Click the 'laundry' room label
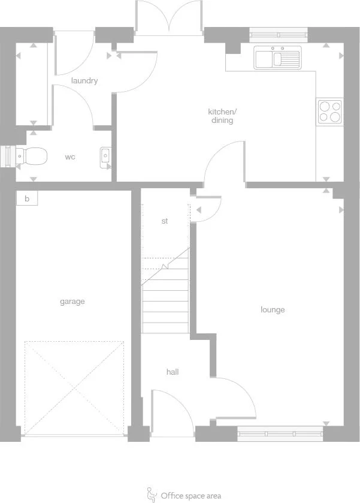tap(84, 80)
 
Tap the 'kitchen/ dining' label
tap(222, 116)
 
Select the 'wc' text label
tap(70, 157)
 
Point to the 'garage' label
tap(72, 302)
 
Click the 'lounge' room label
tap(273, 309)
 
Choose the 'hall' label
tap(173, 372)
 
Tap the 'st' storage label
tap(165, 221)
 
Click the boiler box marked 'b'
tap(27, 198)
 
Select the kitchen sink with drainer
tap(277, 58)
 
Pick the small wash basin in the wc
tap(105, 156)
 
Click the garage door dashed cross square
tap(74, 387)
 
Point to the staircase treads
tap(165, 300)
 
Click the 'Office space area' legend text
tap(190, 495)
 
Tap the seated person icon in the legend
tap(152, 495)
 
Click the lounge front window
tap(280, 433)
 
